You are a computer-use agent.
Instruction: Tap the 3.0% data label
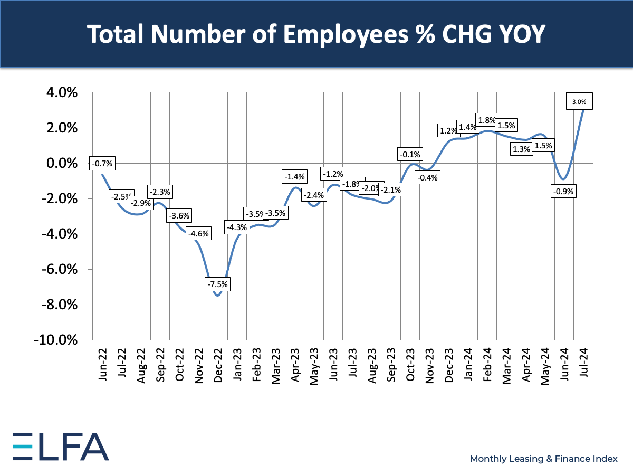pos(579,101)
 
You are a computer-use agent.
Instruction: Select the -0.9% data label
pos(563,191)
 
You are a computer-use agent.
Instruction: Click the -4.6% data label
pos(198,233)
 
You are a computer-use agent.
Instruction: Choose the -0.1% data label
pos(410,154)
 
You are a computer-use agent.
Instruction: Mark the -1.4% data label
pos(294,177)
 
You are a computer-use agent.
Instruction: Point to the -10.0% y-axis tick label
pos(58,340)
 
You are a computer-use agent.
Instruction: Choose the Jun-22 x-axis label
pos(103,364)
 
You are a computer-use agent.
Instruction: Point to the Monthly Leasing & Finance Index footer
pos(543,459)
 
